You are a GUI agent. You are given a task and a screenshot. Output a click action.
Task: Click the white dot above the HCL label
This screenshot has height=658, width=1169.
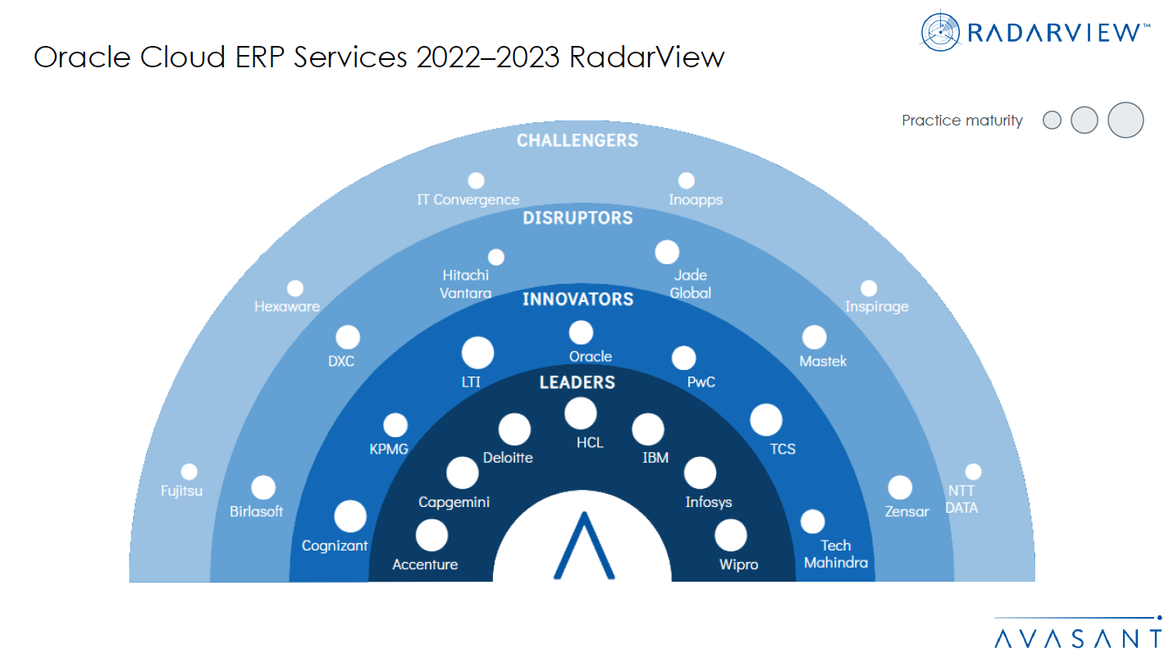point(581,413)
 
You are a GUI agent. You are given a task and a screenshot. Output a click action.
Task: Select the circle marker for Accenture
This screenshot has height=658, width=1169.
point(432,536)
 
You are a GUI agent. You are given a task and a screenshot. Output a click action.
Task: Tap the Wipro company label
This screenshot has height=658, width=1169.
point(738,564)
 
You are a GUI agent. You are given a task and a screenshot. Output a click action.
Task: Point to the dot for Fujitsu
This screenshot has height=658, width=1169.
point(190,472)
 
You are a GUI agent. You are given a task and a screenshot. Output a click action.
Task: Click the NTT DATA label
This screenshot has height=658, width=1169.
point(962,500)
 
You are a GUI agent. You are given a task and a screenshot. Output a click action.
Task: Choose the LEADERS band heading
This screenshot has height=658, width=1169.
point(578,382)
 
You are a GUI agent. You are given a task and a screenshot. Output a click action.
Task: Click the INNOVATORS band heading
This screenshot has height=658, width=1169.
point(578,299)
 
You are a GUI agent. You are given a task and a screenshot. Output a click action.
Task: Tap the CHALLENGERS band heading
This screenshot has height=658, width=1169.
point(578,141)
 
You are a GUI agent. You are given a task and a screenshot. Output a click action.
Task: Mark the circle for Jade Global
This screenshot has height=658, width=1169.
point(667,252)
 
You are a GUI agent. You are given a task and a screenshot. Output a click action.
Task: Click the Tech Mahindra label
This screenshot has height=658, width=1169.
point(836,554)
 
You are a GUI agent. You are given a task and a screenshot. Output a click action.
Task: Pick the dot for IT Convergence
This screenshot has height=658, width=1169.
point(476,180)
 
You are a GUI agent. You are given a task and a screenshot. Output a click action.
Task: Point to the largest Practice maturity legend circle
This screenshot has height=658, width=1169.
point(1126,121)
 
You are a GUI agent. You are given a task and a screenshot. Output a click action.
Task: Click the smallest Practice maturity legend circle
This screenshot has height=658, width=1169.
point(1052,121)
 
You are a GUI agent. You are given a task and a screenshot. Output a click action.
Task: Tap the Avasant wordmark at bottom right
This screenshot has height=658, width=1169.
point(1077,638)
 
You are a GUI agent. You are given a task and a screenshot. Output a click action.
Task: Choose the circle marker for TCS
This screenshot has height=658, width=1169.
point(766,420)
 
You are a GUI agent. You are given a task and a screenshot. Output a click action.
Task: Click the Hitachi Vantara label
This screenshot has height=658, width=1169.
point(466,284)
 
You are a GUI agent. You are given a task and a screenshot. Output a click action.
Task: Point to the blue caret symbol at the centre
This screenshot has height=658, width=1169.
point(583,546)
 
